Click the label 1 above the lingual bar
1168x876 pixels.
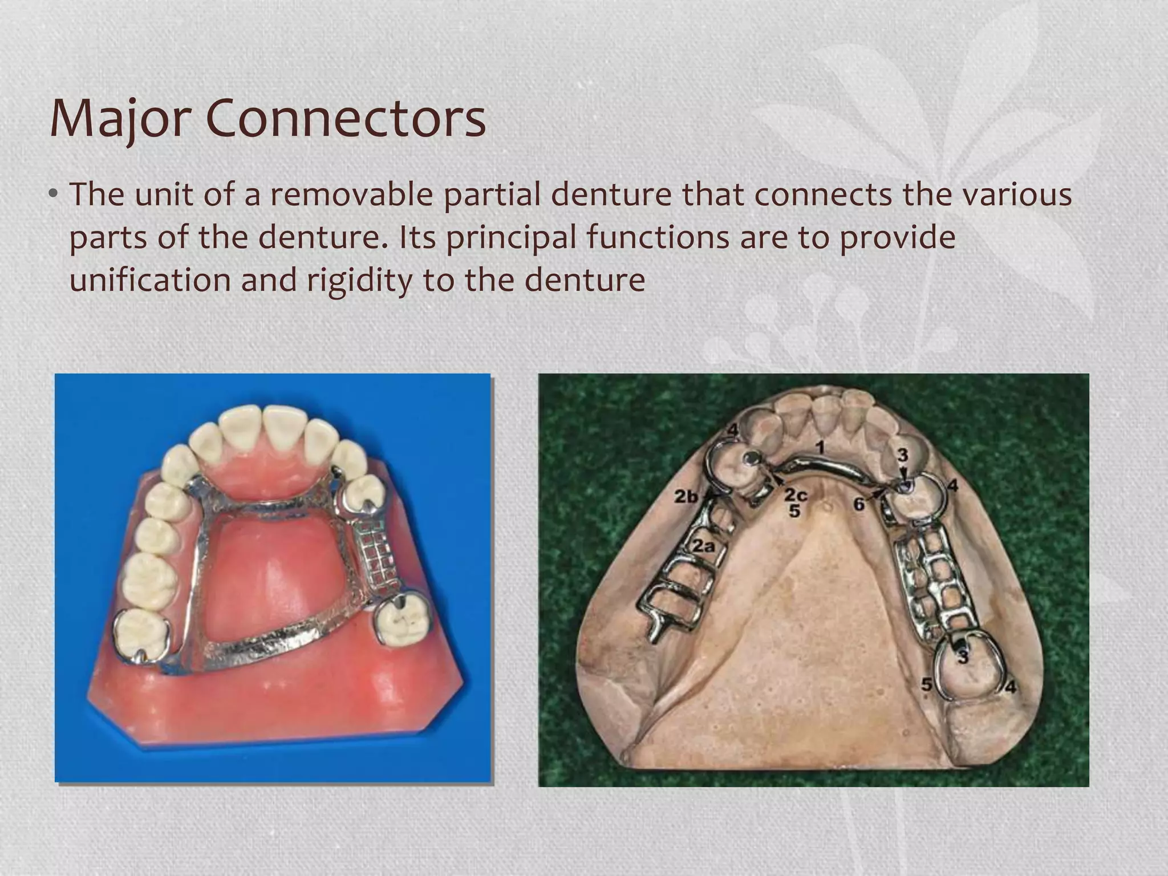pos(819,448)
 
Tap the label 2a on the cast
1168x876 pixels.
pos(703,546)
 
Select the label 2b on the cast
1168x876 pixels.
pos(686,497)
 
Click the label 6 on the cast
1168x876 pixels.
pos(858,504)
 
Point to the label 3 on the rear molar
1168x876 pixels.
pos(963,657)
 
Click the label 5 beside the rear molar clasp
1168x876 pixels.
pos(927,684)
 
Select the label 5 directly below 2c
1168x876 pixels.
pos(795,511)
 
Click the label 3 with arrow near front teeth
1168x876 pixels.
pos(902,455)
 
